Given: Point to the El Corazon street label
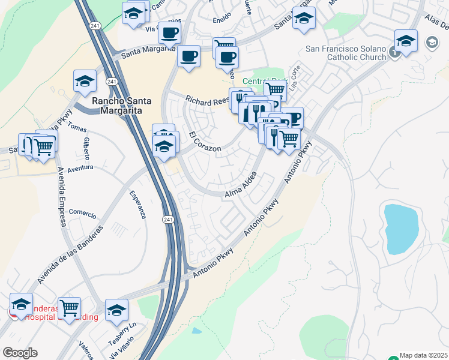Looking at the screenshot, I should [205, 142].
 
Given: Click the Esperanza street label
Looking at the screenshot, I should [138, 205].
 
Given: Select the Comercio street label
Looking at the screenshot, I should [82, 212].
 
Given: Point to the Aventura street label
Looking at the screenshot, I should [80, 168].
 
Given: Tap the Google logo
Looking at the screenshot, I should [20, 352].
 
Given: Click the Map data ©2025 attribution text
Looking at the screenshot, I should [423, 355].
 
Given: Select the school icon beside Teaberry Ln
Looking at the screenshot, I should [116, 310].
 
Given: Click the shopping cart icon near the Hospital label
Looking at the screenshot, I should [70, 308].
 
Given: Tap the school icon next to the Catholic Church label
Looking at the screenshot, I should [406, 41].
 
